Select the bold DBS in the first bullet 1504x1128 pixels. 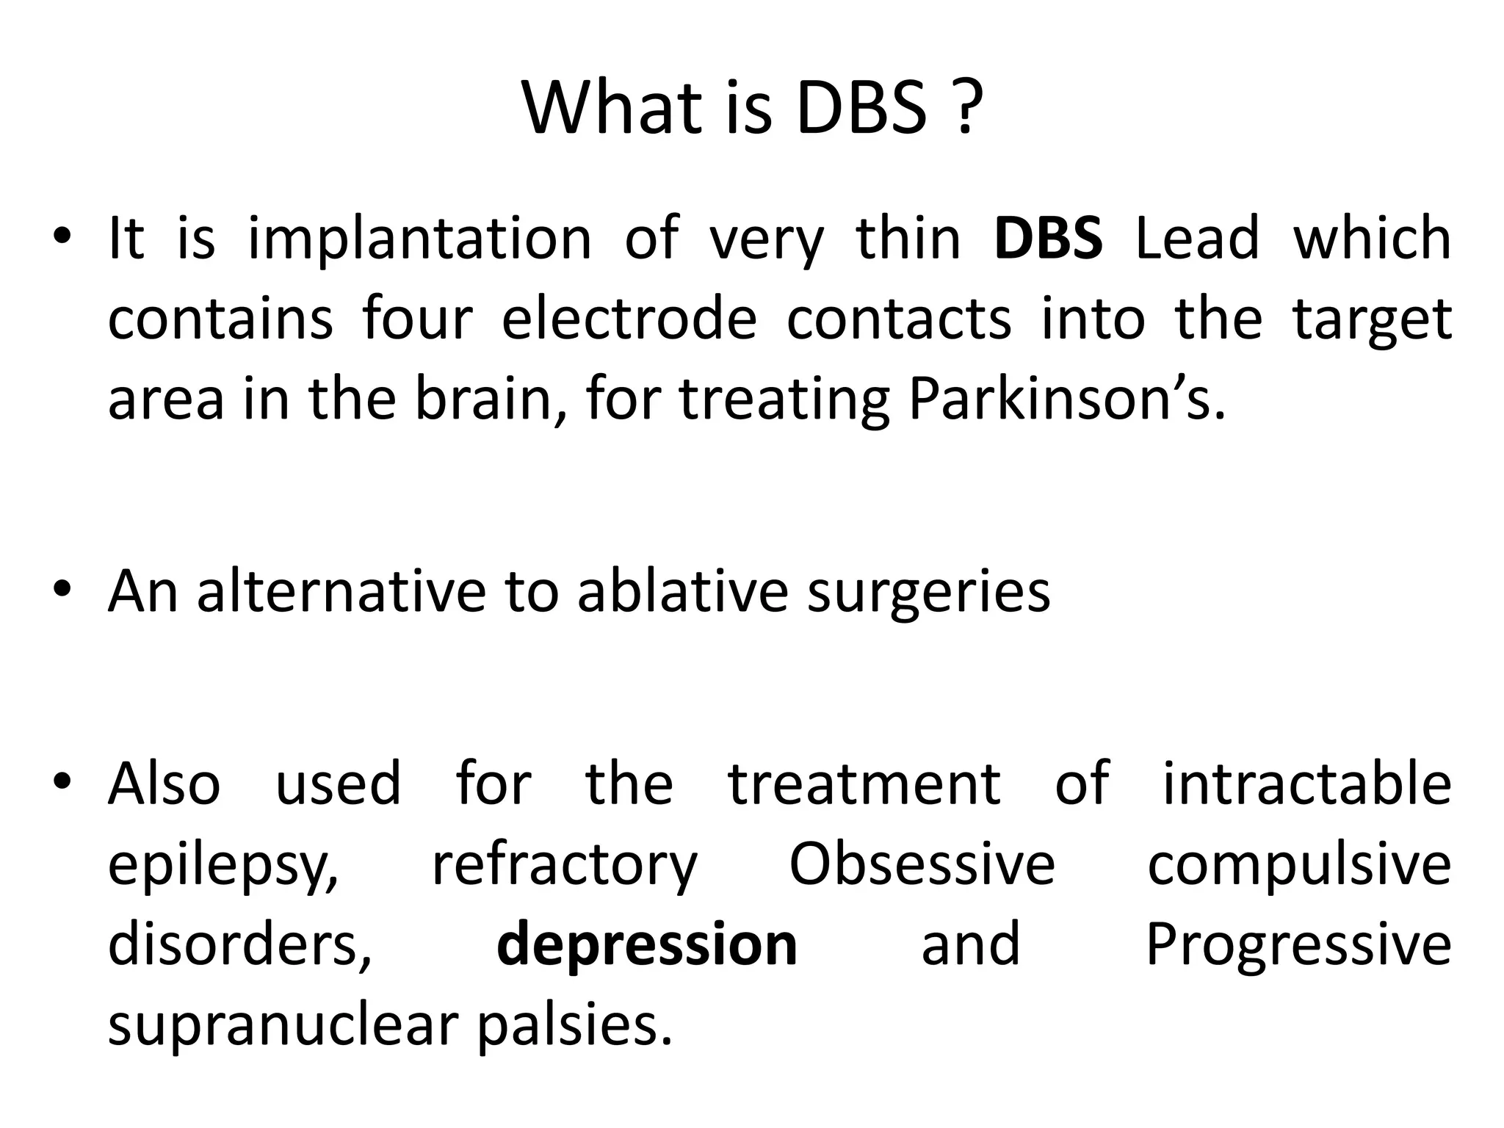coord(1047,238)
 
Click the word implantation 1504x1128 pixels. coord(419,239)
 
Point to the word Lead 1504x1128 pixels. coord(1197,238)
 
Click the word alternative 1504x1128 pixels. coord(341,590)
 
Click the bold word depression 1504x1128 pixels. coord(647,946)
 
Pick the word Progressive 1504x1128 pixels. coord(1298,946)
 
